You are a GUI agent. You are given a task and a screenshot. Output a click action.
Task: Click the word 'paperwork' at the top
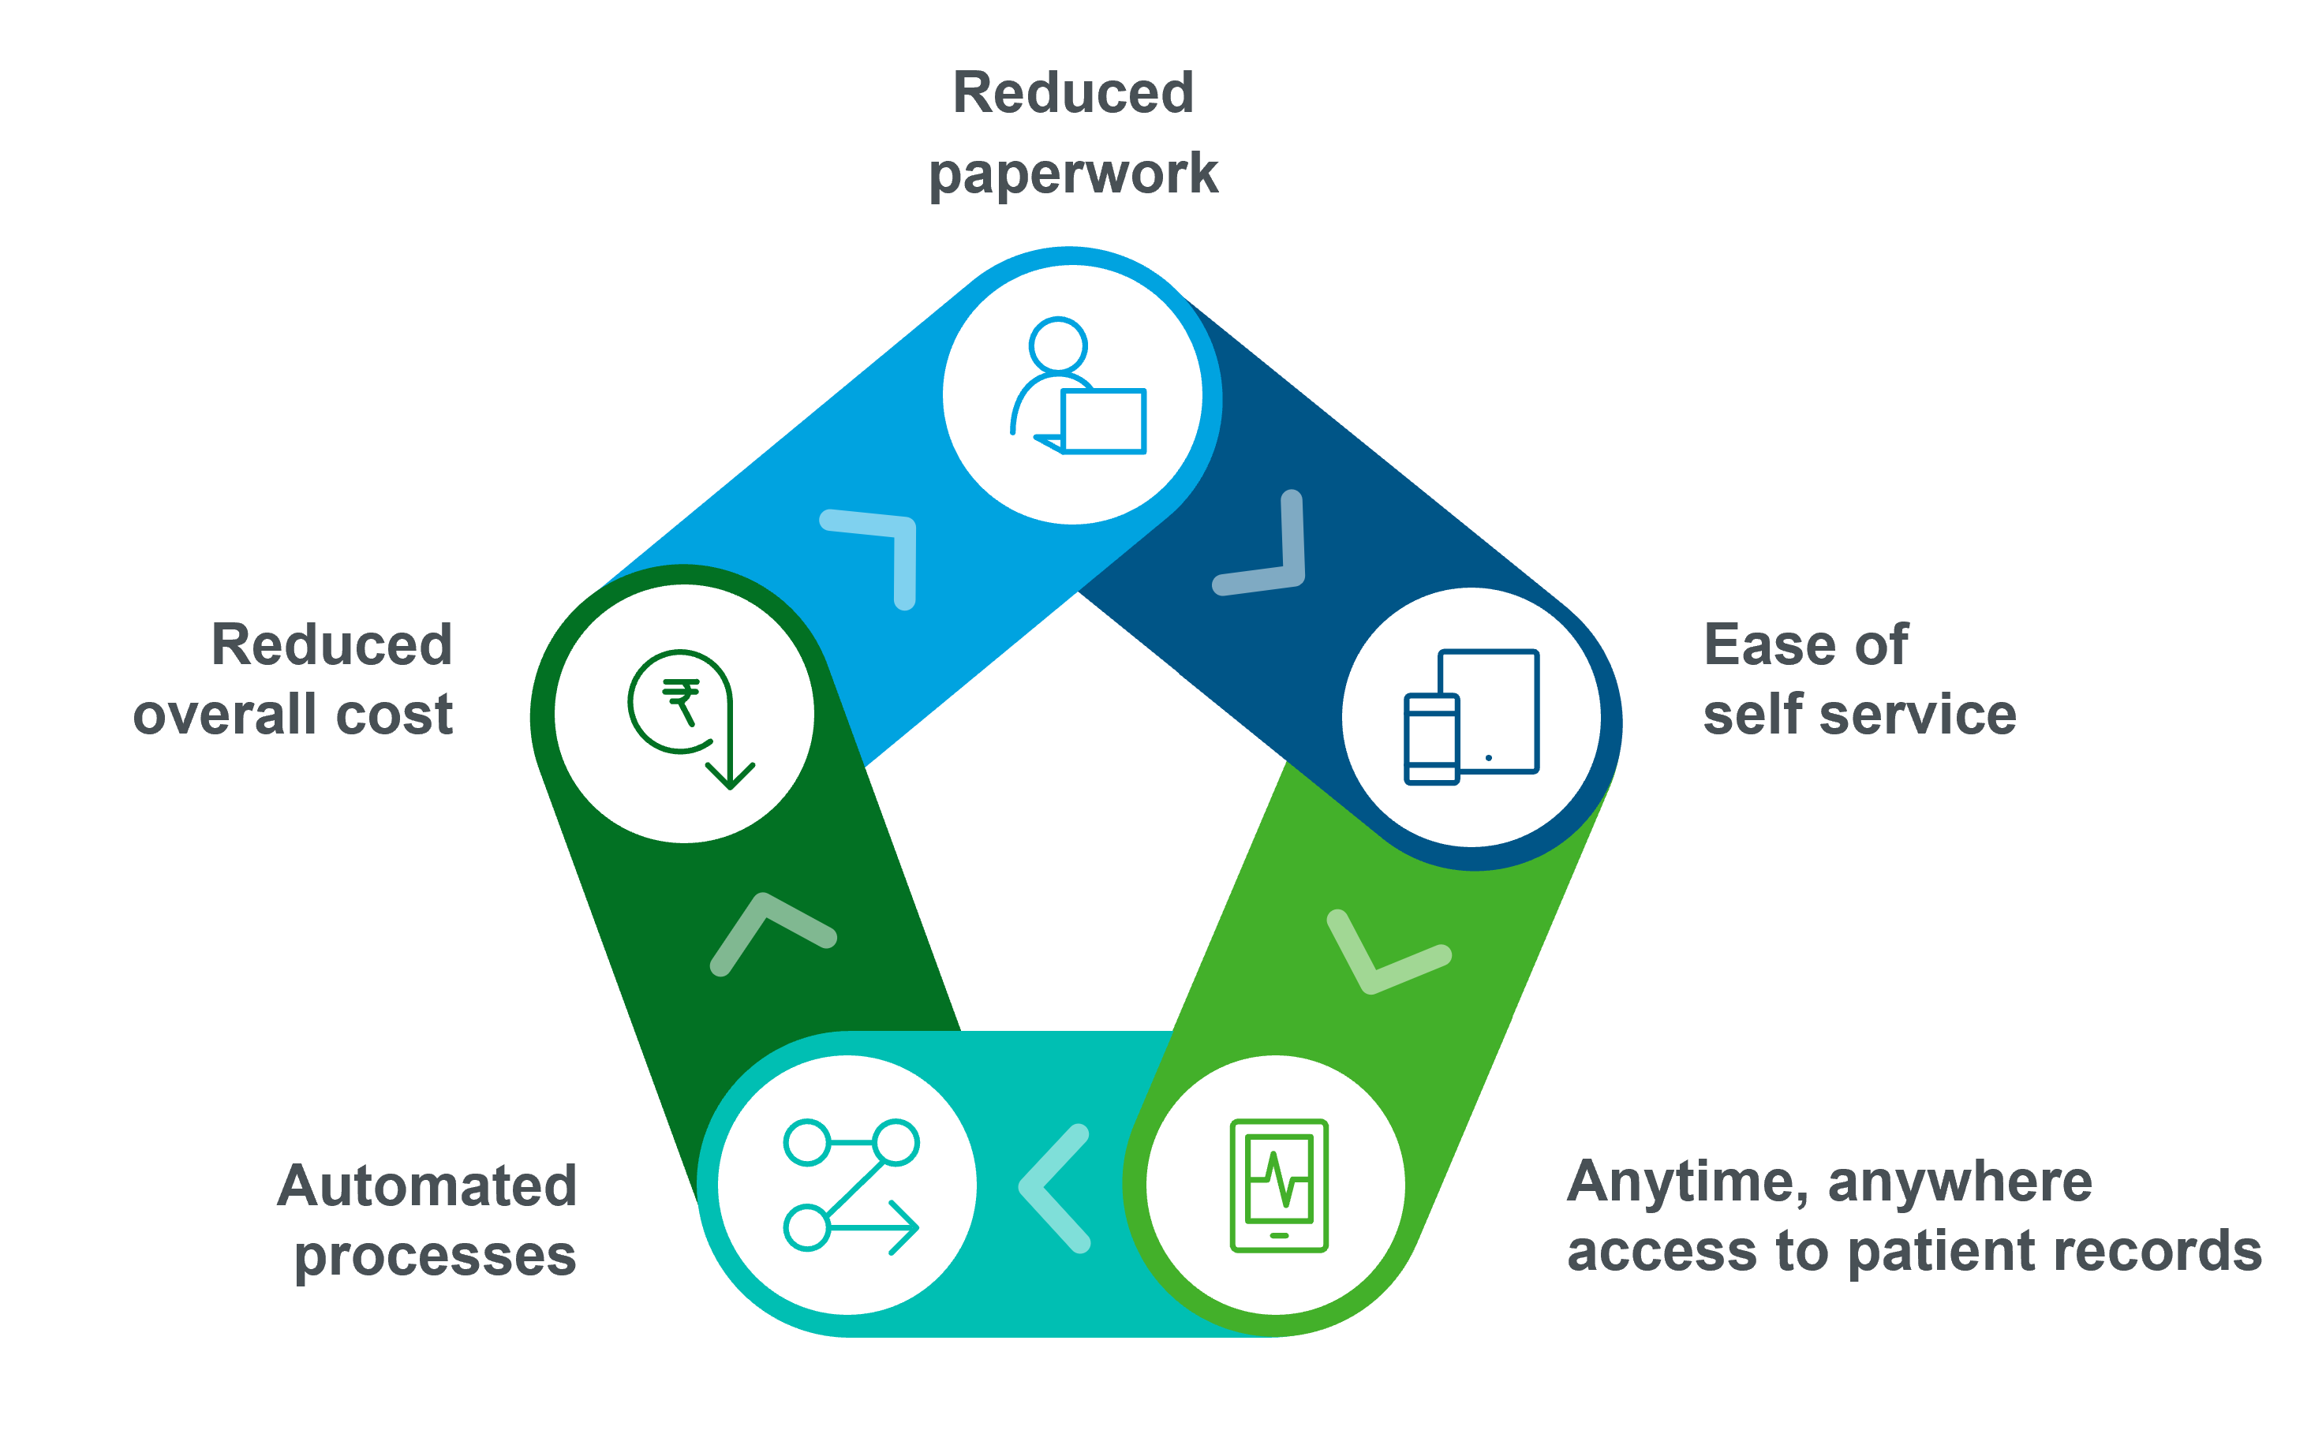(1073, 174)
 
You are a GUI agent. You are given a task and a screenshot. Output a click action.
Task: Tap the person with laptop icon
(1079, 386)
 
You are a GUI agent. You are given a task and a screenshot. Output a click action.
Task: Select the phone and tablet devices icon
(1471, 717)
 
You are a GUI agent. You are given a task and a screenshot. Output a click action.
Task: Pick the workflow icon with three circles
(851, 1187)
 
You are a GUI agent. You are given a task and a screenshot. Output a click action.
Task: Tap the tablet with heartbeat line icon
(1279, 1186)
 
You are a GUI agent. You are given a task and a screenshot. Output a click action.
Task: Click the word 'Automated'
(427, 1186)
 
